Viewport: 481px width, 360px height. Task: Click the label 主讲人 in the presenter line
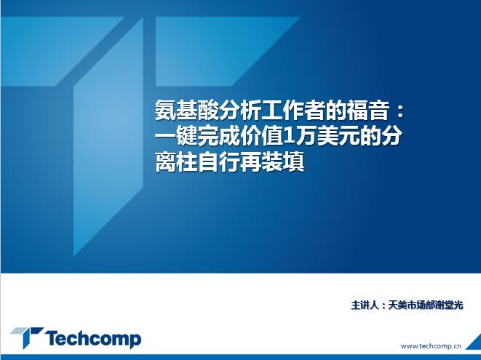pyautogui.click(x=365, y=305)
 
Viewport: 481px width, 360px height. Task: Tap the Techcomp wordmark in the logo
pyautogui.click(x=93, y=339)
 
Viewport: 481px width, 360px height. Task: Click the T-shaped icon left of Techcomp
pyautogui.click(x=27, y=337)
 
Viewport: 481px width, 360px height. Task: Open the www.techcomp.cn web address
pyautogui.click(x=431, y=346)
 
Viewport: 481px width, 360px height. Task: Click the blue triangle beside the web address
pyautogui.click(x=475, y=343)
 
